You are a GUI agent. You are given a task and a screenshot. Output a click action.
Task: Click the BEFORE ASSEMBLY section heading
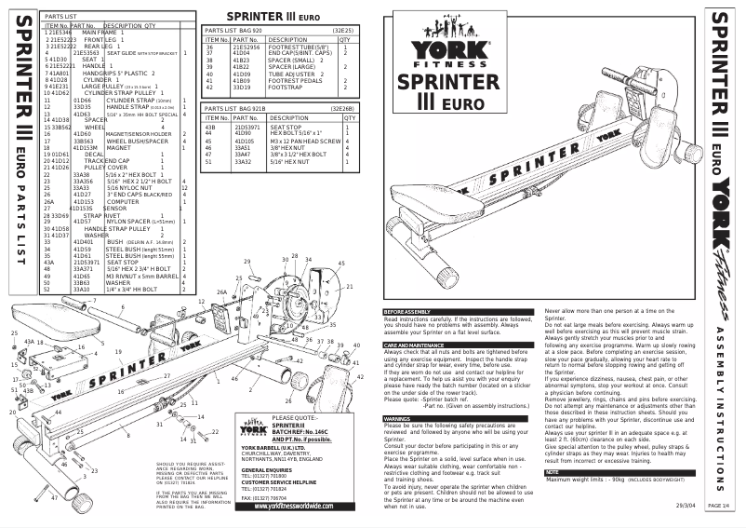(x=406, y=310)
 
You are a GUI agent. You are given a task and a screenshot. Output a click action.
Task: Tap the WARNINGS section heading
(x=399, y=420)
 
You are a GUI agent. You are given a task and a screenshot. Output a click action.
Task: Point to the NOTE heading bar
(x=553, y=472)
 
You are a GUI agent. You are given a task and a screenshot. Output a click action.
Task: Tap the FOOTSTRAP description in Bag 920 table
(x=286, y=88)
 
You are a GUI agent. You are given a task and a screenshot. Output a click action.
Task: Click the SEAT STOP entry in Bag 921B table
(x=284, y=152)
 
